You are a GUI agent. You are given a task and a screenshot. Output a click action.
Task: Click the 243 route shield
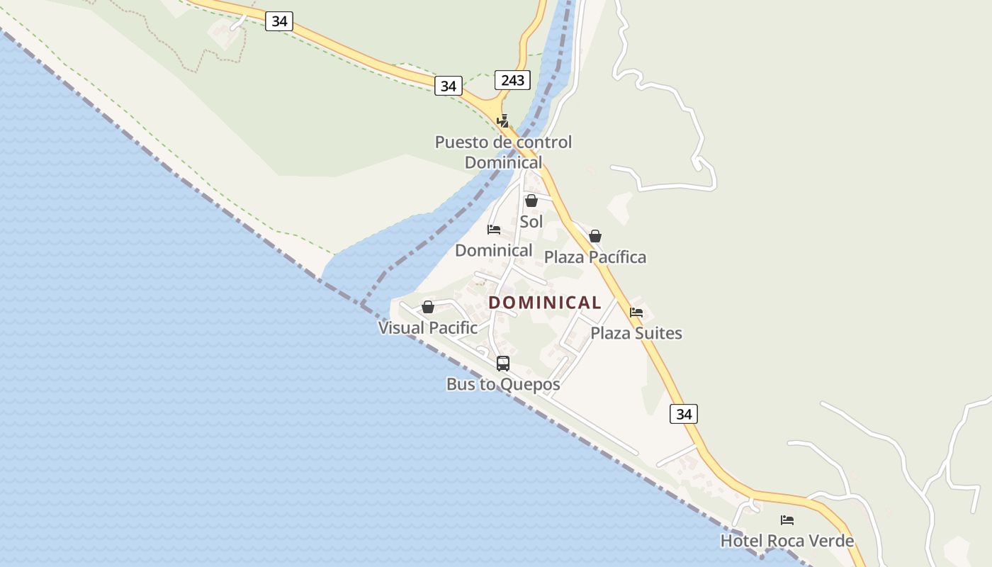pyautogui.click(x=512, y=80)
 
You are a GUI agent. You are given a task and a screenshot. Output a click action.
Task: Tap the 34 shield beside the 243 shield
pyautogui.click(x=448, y=86)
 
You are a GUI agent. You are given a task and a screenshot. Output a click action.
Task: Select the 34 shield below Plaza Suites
pyautogui.click(x=683, y=414)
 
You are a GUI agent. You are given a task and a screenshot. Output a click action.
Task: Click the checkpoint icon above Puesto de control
pyautogui.click(x=502, y=121)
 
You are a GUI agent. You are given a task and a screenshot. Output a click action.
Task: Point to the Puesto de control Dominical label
pyautogui.click(x=503, y=152)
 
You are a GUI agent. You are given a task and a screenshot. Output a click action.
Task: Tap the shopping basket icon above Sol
pyautogui.click(x=531, y=201)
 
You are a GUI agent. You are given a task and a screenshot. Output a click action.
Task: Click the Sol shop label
pyautogui.click(x=531, y=222)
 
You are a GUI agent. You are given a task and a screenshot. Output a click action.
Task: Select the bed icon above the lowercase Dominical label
pyautogui.click(x=494, y=230)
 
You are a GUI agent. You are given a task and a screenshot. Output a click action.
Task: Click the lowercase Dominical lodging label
pyautogui.click(x=493, y=250)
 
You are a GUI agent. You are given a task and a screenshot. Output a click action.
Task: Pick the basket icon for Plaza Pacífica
pyautogui.click(x=595, y=236)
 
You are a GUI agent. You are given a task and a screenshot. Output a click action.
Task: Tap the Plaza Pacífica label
pyautogui.click(x=595, y=257)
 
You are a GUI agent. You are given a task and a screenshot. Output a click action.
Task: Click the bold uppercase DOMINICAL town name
pyautogui.click(x=545, y=303)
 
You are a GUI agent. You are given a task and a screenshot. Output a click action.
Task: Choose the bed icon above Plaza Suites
pyautogui.click(x=636, y=312)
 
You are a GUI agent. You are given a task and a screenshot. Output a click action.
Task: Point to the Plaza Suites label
pyautogui.click(x=636, y=333)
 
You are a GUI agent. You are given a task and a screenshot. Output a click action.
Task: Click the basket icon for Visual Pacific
pyautogui.click(x=428, y=307)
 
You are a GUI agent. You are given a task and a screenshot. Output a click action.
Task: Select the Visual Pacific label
pyautogui.click(x=428, y=328)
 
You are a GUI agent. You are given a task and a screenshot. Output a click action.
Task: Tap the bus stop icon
pyautogui.click(x=503, y=364)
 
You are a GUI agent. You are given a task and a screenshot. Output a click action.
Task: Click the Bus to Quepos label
pyautogui.click(x=503, y=385)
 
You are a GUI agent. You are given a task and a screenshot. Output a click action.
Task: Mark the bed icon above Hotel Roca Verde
pyautogui.click(x=787, y=520)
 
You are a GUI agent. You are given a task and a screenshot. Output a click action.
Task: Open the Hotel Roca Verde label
pyautogui.click(x=787, y=541)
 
